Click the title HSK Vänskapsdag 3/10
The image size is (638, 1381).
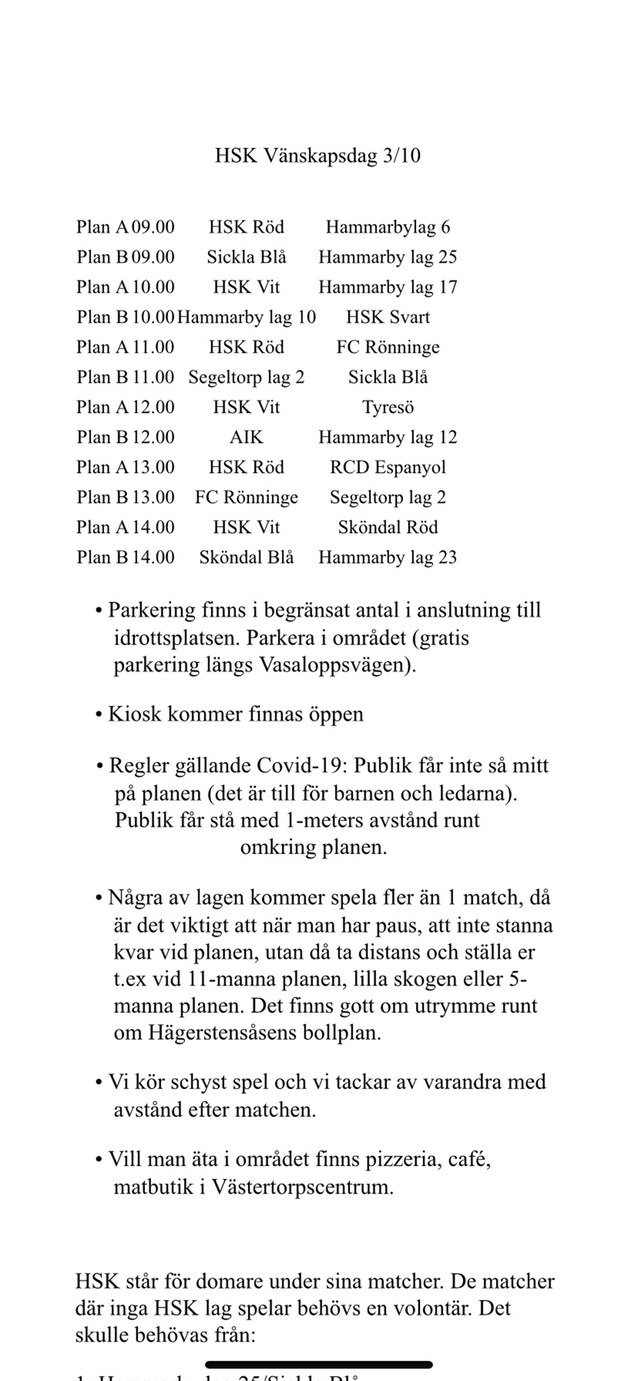317,156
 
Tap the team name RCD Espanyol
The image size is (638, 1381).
387,467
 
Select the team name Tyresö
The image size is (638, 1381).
387,407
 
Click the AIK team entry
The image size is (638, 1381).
246,437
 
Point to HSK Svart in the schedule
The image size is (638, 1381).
387,317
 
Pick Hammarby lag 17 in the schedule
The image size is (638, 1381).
387,287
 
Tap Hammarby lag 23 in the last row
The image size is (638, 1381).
387,557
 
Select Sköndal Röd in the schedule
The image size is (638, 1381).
387,527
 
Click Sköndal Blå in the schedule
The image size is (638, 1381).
246,557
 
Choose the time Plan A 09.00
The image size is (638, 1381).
125,227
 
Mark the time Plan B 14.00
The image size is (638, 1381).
125,557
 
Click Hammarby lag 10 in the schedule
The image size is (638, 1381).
246,317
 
